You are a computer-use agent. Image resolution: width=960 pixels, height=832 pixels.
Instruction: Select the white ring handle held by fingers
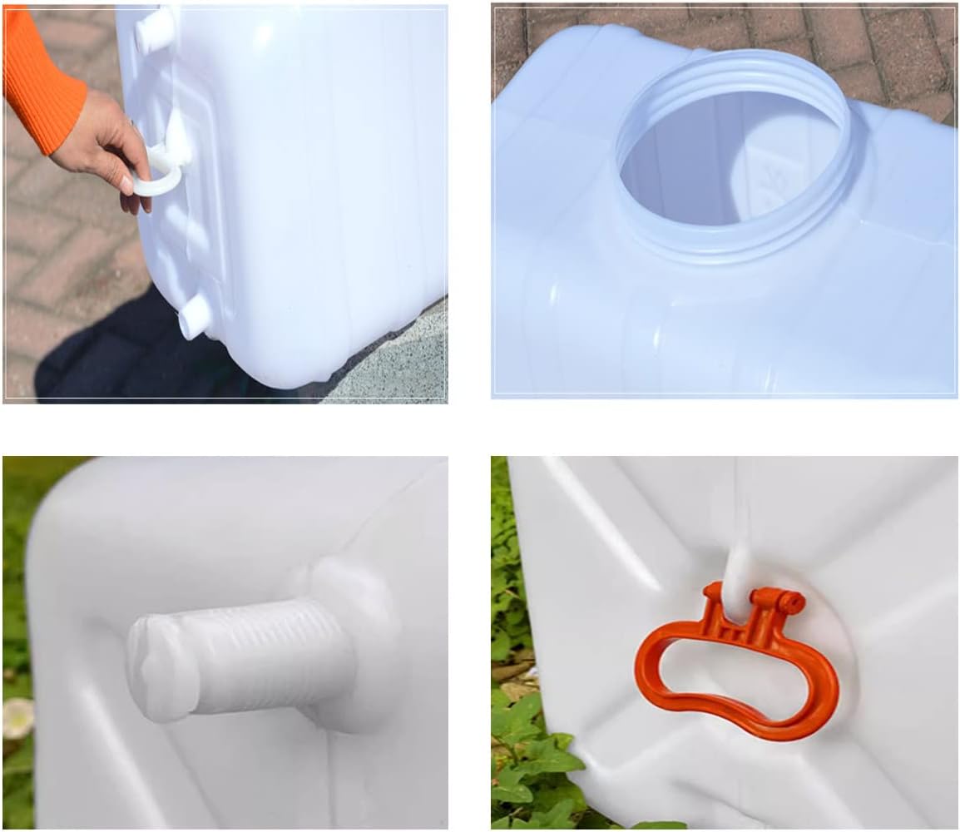158,179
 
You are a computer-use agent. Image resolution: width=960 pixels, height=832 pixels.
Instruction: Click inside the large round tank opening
724,166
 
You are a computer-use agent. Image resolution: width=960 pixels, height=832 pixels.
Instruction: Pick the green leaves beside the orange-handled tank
532,749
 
